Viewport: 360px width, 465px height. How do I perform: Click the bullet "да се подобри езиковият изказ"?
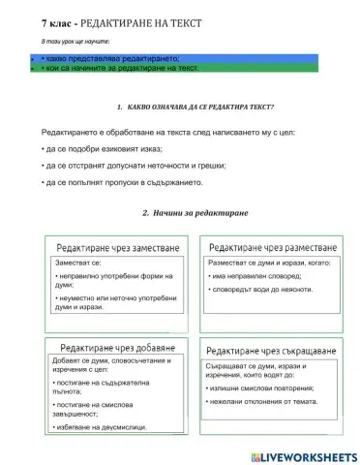[x=102, y=148]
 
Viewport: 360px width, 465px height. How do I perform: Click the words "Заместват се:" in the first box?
[x=78, y=263]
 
